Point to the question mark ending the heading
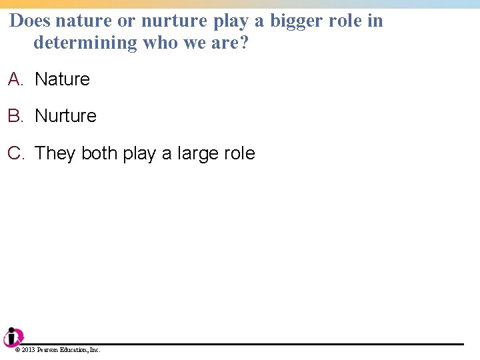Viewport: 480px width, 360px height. pos(243,43)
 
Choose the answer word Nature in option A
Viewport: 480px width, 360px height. pos(62,79)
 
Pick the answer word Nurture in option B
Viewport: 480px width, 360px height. pos(65,116)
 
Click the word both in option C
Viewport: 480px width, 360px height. pos(99,153)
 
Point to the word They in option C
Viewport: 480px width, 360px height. pos(55,153)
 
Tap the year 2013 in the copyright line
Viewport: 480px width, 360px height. pos(28,350)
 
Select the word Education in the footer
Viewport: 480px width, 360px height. pos(75,350)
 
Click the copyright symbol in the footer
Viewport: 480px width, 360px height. pos(17,350)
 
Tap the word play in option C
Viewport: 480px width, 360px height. pos(139,154)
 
